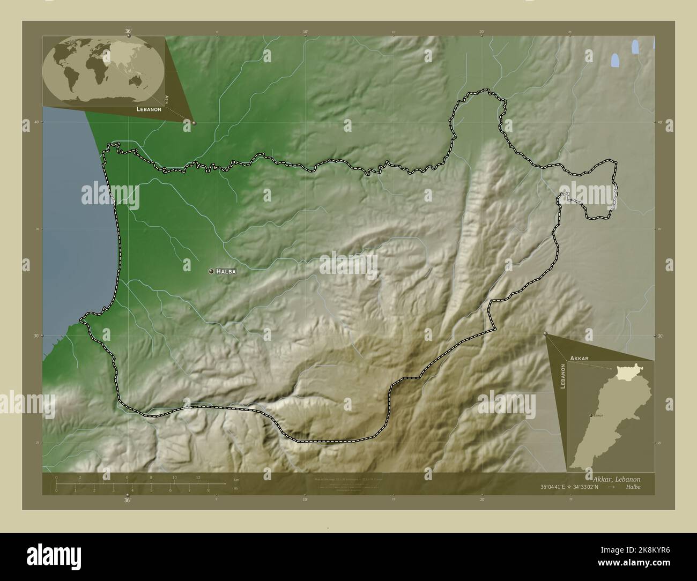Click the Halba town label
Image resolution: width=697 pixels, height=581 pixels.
pyautogui.click(x=226, y=272)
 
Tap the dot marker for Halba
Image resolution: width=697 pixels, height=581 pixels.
pyautogui.click(x=212, y=271)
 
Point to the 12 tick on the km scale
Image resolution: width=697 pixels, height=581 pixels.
pyautogui.click(x=198, y=477)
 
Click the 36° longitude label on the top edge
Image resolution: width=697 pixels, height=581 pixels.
pyautogui.click(x=128, y=32)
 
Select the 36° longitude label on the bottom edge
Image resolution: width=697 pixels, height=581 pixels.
pyautogui.click(x=128, y=500)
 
